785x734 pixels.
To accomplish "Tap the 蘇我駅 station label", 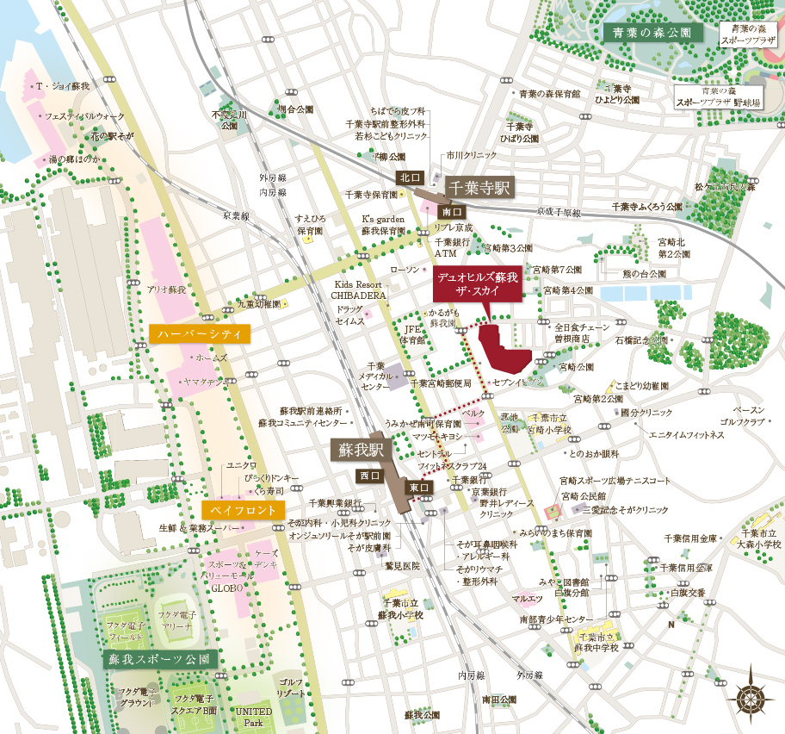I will coord(360,450).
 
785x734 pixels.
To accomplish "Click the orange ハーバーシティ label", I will coord(199,333).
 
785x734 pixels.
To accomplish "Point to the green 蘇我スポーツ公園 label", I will coord(160,659).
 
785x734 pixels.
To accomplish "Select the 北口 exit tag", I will coord(407,177).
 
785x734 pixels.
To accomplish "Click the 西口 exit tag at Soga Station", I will coord(367,476).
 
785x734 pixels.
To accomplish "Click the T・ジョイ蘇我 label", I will coord(62,87).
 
